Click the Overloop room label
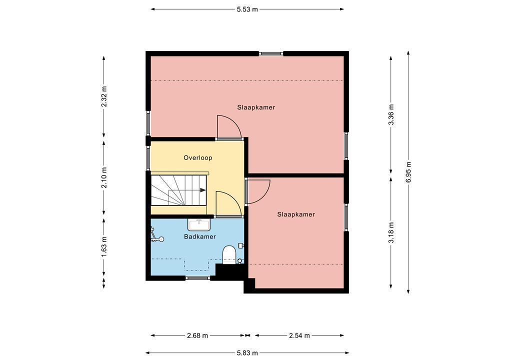pos(198,158)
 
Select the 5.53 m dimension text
pos(247,9)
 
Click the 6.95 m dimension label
pos(408,172)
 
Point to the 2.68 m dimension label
pos(197,335)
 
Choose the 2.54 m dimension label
pos(299,335)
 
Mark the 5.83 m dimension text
pos(247,353)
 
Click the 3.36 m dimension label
pos(391,114)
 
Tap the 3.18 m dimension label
pos(391,232)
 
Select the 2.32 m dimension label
pos(104,96)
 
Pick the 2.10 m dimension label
pos(104,178)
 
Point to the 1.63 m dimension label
pos(104,246)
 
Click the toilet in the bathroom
pos(229,255)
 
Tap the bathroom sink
pos(199,224)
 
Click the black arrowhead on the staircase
pos(203,190)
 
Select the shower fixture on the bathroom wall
pos(156,235)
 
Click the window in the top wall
pos(271,53)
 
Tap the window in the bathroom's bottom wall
pos(198,278)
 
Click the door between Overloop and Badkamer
pos(229,204)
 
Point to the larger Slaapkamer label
pos(256,107)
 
